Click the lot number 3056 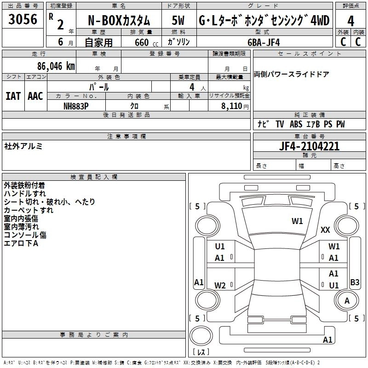tap(23, 20)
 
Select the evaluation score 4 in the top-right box tap(351, 21)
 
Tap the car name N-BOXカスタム tap(118, 21)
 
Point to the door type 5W tap(178, 21)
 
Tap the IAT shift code tap(13, 96)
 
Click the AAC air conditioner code tap(35, 96)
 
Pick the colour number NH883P tap(76, 106)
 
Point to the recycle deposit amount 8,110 tap(232, 106)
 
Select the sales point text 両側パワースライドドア tap(292, 75)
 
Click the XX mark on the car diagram tap(325, 230)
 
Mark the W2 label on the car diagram tap(220, 286)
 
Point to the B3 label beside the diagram tap(355, 282)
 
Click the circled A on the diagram tap(347, 301)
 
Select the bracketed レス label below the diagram tap(201, 353)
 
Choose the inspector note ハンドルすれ tap(25, 194)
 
